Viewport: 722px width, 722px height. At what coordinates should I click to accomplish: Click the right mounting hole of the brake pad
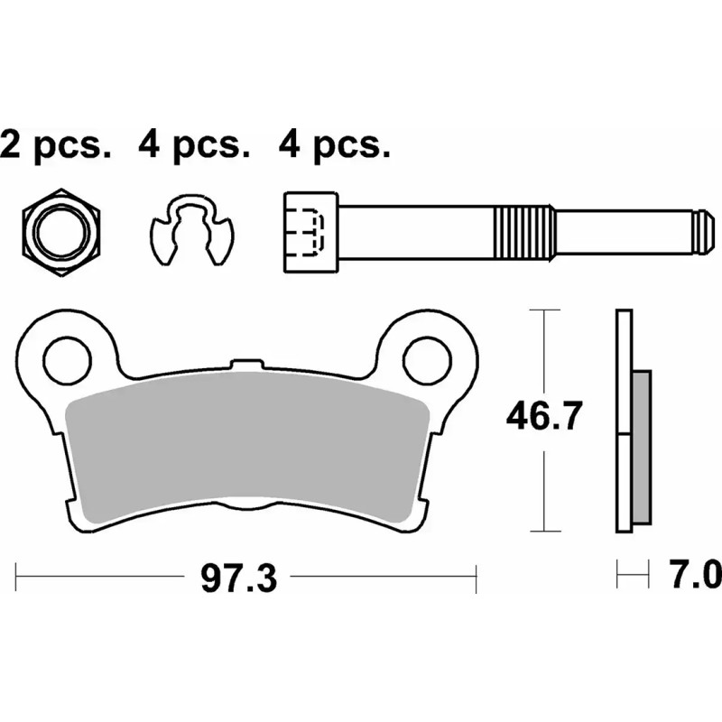(x=426, y=358)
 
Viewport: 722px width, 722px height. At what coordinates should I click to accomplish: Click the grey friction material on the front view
(x=248, y=451)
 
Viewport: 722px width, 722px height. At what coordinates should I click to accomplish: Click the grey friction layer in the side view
(x=639, y=448)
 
